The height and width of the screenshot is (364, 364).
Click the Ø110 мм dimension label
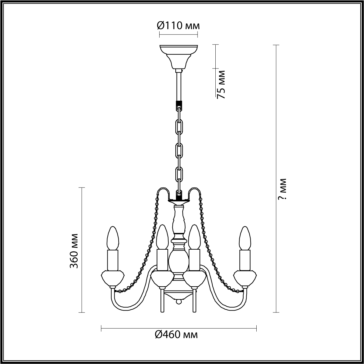(178, 26)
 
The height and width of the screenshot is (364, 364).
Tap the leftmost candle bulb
(113, 238)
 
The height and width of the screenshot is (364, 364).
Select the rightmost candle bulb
(245, 238)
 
